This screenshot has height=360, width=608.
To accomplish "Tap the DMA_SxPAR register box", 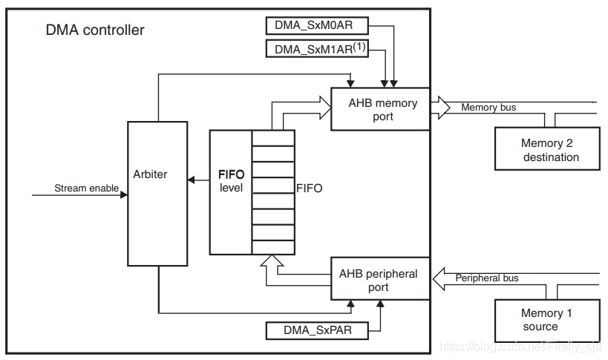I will tap(318, 330).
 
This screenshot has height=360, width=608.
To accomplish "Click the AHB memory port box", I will tap(380, 110).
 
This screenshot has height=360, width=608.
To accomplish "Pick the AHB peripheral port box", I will tap(380, 280).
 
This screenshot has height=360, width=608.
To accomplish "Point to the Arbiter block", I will tap(157, 193).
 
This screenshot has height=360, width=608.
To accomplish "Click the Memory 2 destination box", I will tap(547, 150).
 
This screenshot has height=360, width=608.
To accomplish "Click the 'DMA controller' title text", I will tap(95, 30).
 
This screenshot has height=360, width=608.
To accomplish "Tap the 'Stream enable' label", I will tap(86, 189).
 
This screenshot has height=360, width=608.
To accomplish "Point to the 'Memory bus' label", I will tap(488, 108).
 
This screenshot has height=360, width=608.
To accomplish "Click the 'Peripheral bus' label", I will tap(487, 278).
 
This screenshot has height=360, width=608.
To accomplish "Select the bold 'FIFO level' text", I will tap(231, 181).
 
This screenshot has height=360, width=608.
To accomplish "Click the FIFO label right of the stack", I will tap(309, 189).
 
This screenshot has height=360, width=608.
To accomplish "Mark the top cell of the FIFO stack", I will tap(273, 137).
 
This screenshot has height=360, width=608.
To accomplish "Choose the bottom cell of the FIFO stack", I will tap(273, 247).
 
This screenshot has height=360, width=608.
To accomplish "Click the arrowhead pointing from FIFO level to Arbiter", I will tap(191, 180).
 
